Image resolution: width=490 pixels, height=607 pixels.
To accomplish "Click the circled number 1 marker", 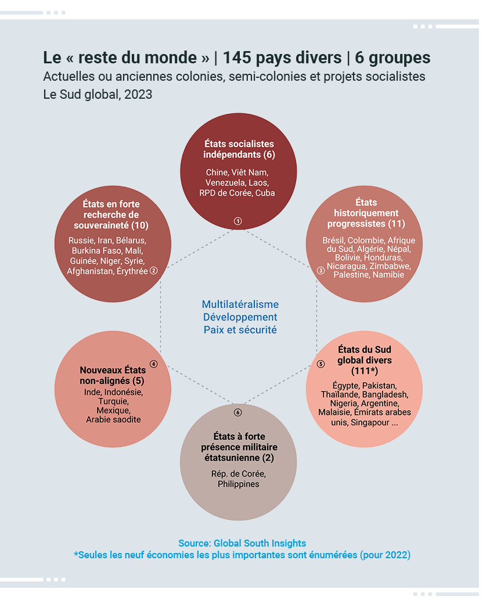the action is pos(237,221).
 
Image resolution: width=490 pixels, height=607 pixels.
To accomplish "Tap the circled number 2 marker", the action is pos(153,271).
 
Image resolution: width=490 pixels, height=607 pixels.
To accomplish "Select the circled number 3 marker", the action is pos(320,271).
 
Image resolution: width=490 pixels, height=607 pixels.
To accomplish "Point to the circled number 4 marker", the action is pos(154,364).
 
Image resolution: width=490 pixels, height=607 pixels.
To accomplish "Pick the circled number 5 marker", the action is pos(320,364).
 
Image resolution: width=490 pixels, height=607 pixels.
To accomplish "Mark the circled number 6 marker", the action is pos(237,412).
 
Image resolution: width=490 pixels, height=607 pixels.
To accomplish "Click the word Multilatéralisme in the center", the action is pos(240,304).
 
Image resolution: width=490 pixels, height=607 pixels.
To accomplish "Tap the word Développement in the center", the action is pos(240,317).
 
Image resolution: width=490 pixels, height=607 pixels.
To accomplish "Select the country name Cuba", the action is pos(265,193).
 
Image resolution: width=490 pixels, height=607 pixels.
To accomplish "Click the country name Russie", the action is pos(81,240).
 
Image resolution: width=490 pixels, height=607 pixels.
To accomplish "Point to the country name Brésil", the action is pos(334,240).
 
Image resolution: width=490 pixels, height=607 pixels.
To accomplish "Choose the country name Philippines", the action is pos(239,484).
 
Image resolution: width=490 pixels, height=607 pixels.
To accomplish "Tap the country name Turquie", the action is pos(113,401).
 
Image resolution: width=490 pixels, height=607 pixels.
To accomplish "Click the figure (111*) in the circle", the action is pos(365,371).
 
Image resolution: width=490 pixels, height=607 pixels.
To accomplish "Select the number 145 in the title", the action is pos(237,58).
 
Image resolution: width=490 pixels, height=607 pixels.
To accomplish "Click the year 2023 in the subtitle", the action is pos(138,95).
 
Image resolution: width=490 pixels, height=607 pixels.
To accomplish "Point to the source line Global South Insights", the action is pos(260,543).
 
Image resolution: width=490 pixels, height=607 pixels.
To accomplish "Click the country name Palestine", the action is pos(351,275).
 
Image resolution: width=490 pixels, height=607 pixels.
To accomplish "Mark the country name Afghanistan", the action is pos(89,271).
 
